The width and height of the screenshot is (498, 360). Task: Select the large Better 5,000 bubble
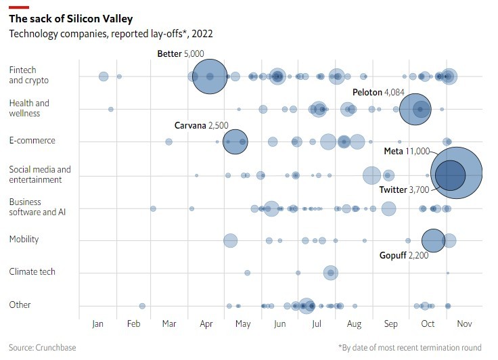coord(210,76)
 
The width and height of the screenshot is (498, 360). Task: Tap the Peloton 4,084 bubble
coord(421,108)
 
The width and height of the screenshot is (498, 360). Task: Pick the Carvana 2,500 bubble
coord(235,141)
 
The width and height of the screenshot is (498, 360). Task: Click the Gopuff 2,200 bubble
coord(433,240)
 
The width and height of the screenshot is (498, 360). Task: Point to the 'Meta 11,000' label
coord(407,151)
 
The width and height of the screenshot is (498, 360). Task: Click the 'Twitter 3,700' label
coord(404,189)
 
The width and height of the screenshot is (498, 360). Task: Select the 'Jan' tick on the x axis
coord(98,324)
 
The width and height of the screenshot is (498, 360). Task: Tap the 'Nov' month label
coord(464,324)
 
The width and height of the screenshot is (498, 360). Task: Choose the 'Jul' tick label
coord(317,324)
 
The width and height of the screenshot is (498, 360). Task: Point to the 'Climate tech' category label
coord(32,272)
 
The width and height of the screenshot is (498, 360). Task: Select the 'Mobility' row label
coord(24,240)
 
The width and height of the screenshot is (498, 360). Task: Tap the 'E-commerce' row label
coord(32,141)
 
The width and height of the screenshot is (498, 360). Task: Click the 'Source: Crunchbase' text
coord(42,348)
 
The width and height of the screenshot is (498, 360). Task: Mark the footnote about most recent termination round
coord(410,348)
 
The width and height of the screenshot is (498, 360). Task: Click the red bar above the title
coord(19,7)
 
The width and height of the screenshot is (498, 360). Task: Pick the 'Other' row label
coord(20,305)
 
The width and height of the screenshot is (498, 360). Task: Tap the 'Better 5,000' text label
coord(181,53)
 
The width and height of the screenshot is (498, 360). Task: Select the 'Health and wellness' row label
coord(30,108)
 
